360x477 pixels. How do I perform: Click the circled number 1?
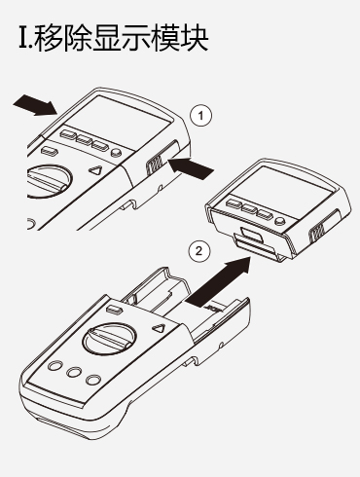(x=200, y=116)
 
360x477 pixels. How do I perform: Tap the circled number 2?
(x=199, y=250)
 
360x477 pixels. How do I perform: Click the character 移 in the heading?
(x=49, y=38)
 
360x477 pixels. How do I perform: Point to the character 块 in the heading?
(x=194, y=38)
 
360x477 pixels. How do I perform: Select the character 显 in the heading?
(x=107, y=38)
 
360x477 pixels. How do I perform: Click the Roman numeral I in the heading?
(x=23, y=38)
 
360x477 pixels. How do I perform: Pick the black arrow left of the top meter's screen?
(x=35, y=105)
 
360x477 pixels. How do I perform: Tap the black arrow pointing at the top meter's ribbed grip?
(x=191, y=167)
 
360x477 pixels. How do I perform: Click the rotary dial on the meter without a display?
(x=110, y=339)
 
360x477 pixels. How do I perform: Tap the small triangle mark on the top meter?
(x=96, y=170)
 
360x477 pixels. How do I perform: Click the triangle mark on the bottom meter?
(x=159, y=328)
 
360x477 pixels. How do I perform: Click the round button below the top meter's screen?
(x=116, y=152)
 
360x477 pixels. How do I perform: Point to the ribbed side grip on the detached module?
(x=317, y=233)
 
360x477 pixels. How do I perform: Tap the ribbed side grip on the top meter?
(x=154, y=164)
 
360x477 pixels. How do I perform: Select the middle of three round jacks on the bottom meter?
(x=74, y=373)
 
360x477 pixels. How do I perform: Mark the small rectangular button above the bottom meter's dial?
(x=114, y=310)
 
